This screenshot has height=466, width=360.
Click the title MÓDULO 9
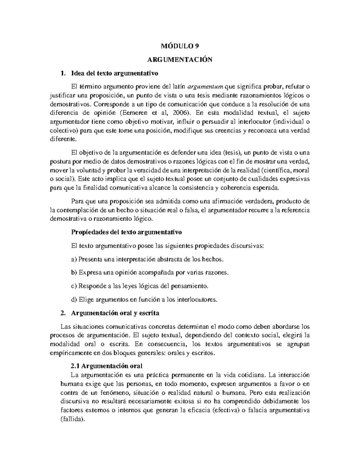coord(180,46)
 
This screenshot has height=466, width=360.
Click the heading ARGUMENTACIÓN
coord(180,60)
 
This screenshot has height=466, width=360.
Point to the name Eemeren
coord(134,113)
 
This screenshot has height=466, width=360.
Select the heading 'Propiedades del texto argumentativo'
coord(126,232)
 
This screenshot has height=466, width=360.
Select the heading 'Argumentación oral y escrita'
coord(115,313)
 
